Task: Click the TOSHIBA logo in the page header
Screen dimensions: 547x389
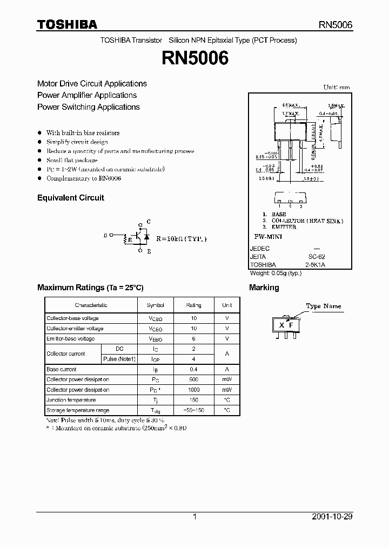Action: (67, 24)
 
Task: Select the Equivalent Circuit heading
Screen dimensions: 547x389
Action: (70, 198)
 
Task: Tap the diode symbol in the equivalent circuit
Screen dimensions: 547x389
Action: (146, 236)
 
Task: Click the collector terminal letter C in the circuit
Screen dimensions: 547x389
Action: (149, 222)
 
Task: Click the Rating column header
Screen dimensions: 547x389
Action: (193, 305)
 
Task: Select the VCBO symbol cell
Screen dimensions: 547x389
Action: (155, 319)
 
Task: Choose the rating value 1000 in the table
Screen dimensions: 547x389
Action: (194, 390)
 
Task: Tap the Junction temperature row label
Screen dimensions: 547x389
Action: (71, 400)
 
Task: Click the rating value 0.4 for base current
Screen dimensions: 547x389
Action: (194, 369)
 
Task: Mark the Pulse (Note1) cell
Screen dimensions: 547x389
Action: (119, 359)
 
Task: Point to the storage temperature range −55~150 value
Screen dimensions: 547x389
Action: (194, 410)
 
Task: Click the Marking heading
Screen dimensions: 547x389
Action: (264, 288)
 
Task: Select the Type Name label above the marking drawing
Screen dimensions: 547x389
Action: (324, 306)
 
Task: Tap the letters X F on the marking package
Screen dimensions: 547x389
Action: (286, 324)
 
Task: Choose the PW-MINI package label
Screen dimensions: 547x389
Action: (268, 237)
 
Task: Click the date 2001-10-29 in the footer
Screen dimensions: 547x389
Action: (332, 517)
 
